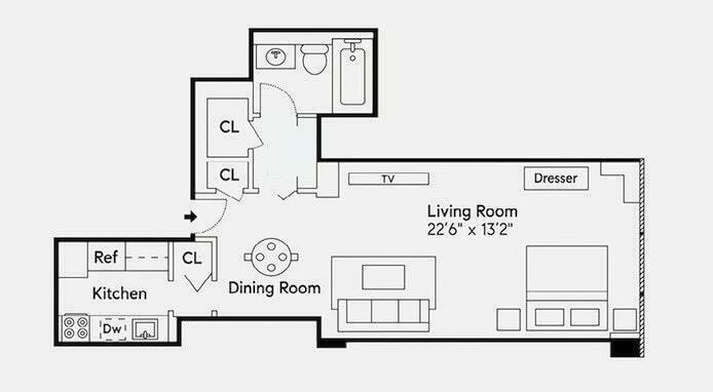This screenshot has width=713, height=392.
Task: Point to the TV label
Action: click(x=388, y=179)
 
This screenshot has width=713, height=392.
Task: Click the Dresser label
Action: click(x=555, y=178)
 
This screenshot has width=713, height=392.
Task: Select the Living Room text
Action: click(x=472, y=212)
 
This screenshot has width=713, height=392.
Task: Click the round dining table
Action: click(x=271, y=256)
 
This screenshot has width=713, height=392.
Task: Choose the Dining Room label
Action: click(x=274, y=288)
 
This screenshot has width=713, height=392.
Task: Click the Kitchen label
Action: click(x=119, y=294)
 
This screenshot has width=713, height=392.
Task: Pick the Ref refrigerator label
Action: click(x=106, y=257)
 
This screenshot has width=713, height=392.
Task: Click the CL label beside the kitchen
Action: click(x=192, y=259)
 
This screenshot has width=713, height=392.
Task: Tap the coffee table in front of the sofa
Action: click(x=384, y=277)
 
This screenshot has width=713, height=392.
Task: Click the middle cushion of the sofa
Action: click(x=384, y=311)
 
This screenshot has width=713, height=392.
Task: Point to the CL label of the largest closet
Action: click(x=229, y=127)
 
